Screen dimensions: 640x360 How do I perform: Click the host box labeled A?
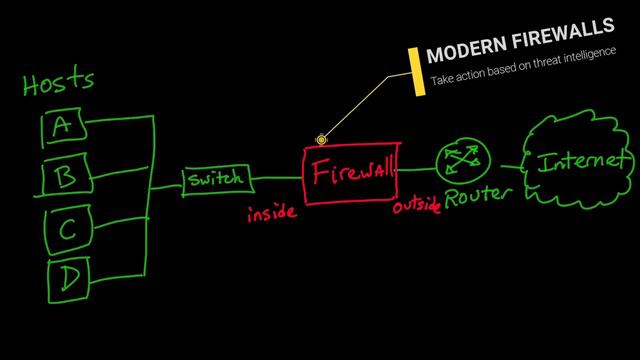(62, 125)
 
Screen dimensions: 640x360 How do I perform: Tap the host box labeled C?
(66, 231)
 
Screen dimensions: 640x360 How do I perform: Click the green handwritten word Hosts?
(60, 83)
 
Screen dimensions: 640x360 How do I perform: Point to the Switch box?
(214, 180)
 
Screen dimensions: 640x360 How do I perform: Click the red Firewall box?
(350, 174)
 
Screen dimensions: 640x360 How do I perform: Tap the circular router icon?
(461, 158)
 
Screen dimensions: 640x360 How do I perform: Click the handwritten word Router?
(478, 196)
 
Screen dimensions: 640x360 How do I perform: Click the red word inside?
(271, 213)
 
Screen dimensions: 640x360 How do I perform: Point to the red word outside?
(416, 206)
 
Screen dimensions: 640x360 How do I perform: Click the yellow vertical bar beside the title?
(415, 71)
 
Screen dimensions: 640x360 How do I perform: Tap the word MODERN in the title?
(466, 55)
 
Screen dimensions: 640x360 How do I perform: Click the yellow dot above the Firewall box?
(322, 141)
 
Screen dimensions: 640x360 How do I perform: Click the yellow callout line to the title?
(365, 108)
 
